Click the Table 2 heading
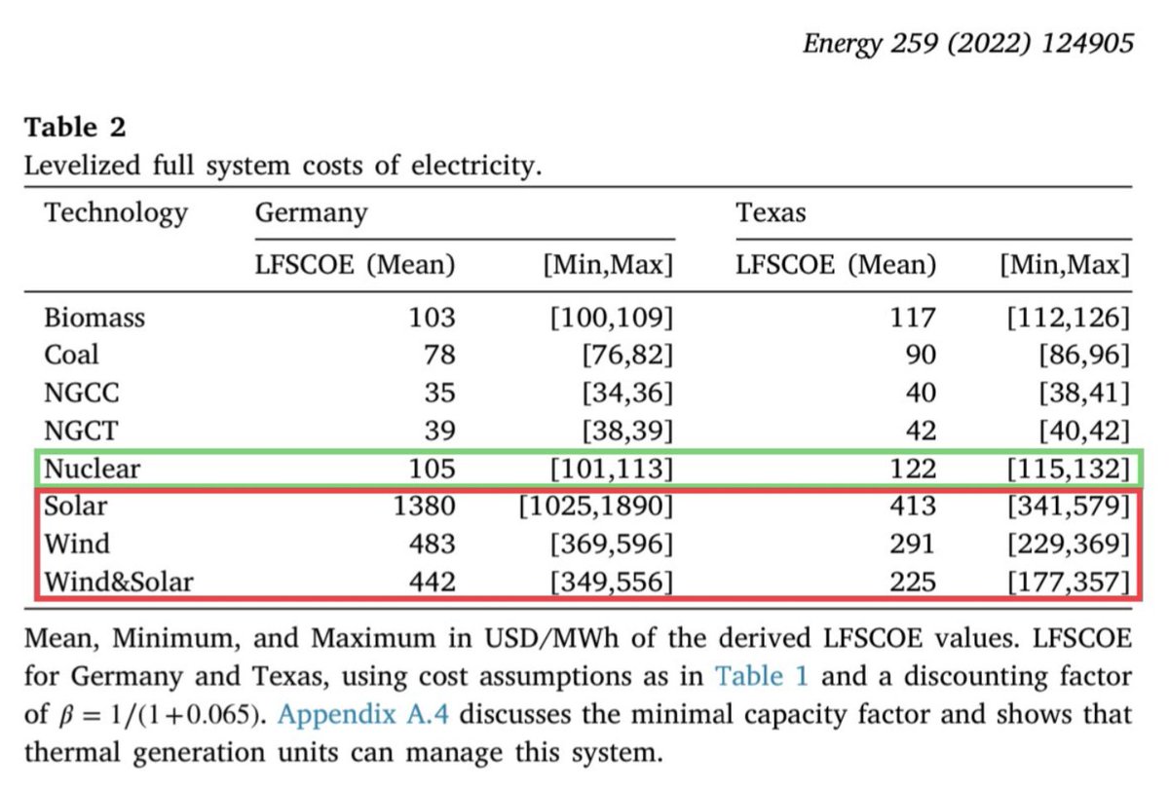coord(75,128)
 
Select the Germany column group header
coord(311,213)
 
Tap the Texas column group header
coord(771,213)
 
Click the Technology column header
coord(115,213)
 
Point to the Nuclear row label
coord(92,469)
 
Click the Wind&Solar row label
coord(118,583)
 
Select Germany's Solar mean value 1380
coord(426,507)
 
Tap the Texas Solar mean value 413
coord(913,507)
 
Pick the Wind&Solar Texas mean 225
coord(913,583)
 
